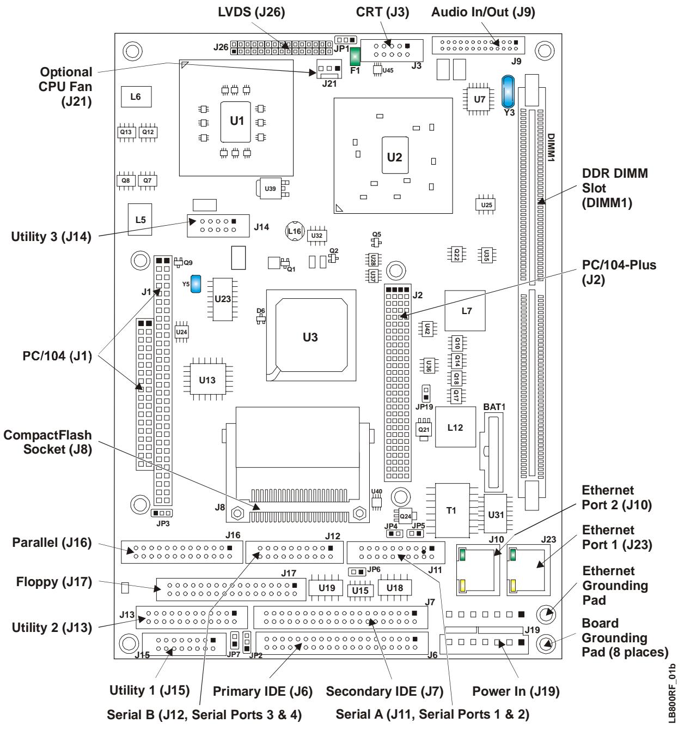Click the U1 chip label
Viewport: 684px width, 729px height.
(236, 121)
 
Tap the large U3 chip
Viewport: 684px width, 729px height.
(311, 335)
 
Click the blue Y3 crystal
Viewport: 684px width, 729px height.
(508, 92)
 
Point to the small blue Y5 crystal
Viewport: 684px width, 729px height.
(196, 284)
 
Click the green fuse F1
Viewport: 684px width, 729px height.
(355, 56)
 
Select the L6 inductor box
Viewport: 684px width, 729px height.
(136, 97)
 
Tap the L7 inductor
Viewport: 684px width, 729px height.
(465, 311)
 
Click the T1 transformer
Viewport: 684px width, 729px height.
(452, 510)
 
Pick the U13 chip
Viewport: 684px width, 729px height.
(208, 379)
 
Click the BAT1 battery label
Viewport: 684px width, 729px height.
(494, 407)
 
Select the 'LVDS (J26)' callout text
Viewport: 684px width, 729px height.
(251, 12)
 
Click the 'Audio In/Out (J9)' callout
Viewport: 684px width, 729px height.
(483, 12)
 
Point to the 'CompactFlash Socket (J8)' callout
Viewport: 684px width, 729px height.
(48, 442)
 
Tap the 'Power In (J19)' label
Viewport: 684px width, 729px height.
(516, 691)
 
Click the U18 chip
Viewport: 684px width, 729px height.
(395, 588)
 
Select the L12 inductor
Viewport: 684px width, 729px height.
(455, 427)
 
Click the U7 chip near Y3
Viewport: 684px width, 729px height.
(479, 99)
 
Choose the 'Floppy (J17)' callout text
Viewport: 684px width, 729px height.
(54, 582)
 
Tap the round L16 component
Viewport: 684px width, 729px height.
(295, 231)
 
